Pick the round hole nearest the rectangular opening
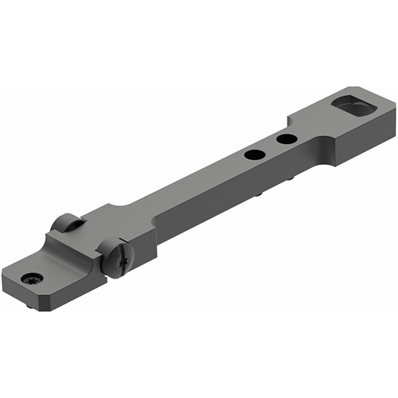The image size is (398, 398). tap(287, 138)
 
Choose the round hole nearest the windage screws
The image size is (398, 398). tap(254, 153)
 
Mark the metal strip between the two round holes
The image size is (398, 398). tap(271, 146)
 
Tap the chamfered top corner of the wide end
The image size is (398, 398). tap(394, 110)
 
